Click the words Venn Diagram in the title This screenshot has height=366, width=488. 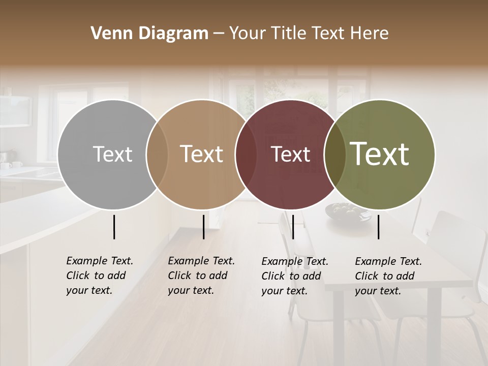tap(149, 34)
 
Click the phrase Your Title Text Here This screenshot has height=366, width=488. tap(309, 34)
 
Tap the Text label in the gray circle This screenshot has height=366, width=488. tap(112, 154)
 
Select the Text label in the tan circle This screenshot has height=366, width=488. tap(201, 154)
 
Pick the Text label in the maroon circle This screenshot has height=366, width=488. tap(290, 154)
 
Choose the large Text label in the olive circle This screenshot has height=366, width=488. tap(380, 154)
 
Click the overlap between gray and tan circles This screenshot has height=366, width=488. tap(157, 154)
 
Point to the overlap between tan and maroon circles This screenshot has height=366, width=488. tap(246, 154)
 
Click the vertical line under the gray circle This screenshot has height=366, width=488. tap(114, 227)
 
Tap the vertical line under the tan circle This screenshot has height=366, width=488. tap(203, 227)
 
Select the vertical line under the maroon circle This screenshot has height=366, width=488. tap(293, 227)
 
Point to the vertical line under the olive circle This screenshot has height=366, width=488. tap(379, 227)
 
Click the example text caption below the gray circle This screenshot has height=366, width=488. tap(99, 276)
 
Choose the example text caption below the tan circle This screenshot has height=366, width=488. tap(201, 276)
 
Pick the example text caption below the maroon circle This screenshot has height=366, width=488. tap(294, 276)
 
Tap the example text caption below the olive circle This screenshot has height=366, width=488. tap(388, 276)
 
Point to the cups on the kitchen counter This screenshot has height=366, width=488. tap(12, 165)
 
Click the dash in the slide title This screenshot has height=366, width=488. tap(219, 34)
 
